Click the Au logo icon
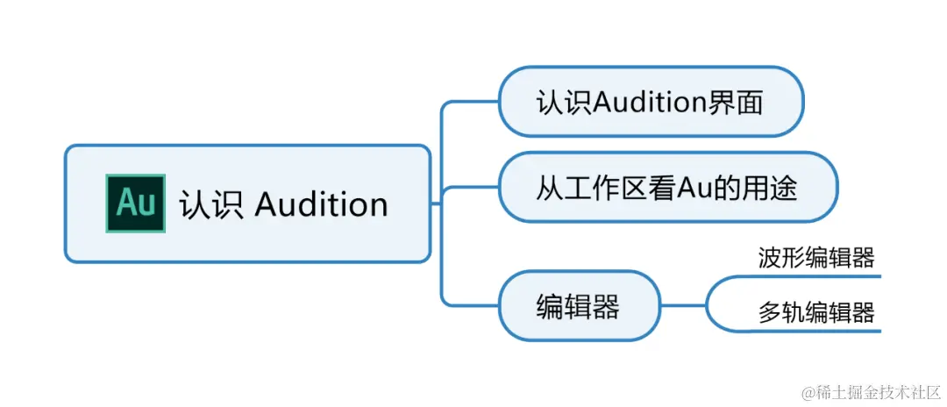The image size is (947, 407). [x=135, y=203]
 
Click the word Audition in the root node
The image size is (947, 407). [x=321, y=204]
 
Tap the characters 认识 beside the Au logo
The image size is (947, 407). [x=210, y=204]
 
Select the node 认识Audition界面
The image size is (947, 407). [x=650, y=102]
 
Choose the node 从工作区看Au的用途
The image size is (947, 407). [x=667, y=188]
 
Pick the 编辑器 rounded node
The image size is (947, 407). [x=579, y=306]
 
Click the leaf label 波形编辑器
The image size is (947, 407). [x=816, y=258]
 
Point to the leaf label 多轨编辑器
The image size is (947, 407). [x=816, y=312]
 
